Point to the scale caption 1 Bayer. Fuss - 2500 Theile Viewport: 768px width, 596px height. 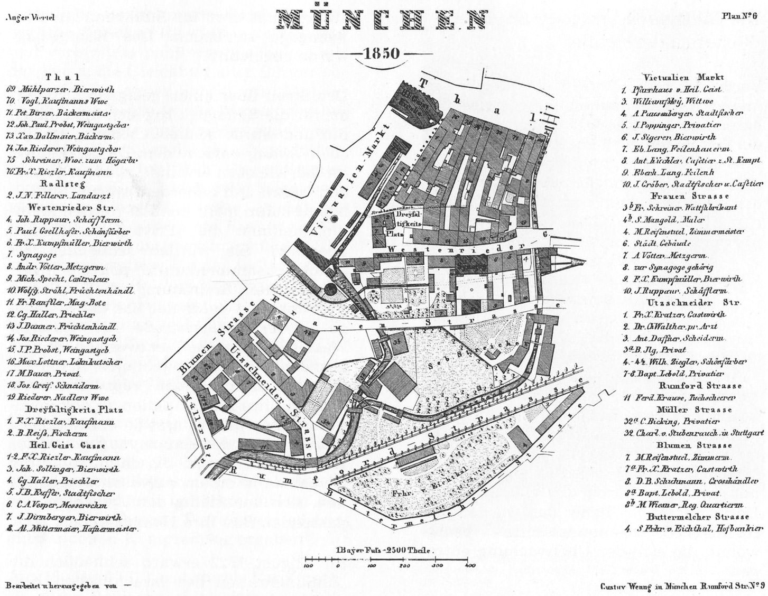pos(384,550)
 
